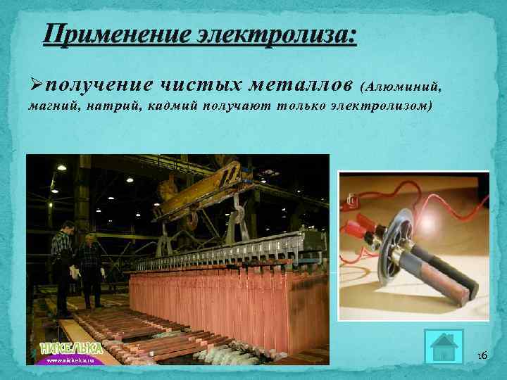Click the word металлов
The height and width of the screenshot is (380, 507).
(x=296, y=86)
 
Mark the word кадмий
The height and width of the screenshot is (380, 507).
(x=169, y=107)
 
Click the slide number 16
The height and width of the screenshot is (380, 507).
(x=482, y=355)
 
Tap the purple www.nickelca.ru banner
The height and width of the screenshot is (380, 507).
(x=71, y=359)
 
